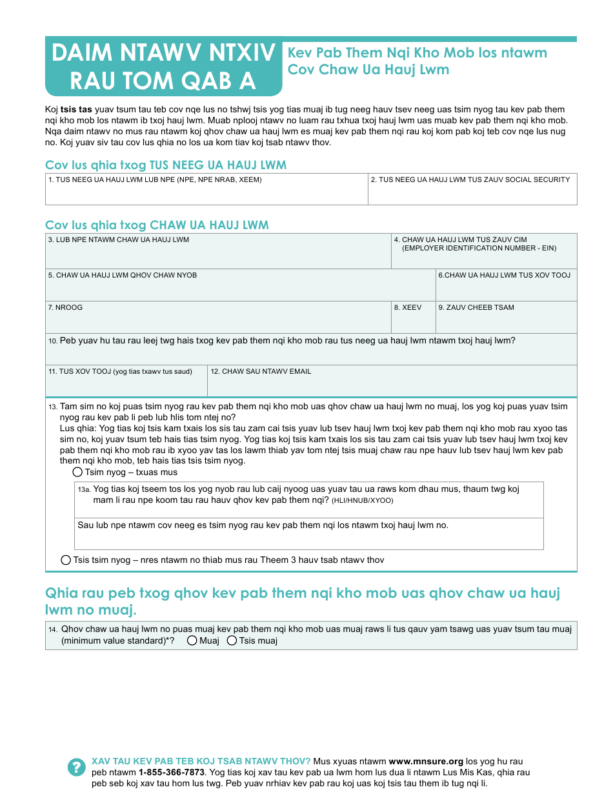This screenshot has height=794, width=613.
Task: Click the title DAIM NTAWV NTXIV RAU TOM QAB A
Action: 163,66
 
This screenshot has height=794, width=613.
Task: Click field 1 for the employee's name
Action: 206,193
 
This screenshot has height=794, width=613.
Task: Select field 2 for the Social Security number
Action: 472,193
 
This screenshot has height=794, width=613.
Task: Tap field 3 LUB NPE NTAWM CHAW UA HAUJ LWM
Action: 218,256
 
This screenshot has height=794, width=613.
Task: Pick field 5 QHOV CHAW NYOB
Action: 240,290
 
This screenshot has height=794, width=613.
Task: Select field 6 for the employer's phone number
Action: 507,290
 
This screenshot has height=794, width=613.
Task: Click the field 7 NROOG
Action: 218,321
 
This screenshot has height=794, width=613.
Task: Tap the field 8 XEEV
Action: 413,321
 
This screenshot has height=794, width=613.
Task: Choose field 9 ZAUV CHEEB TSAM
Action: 507,321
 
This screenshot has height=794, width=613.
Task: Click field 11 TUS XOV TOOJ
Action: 126,385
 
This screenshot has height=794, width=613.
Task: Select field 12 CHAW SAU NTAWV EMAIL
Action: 392,385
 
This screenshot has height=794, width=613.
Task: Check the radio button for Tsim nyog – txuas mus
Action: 78,473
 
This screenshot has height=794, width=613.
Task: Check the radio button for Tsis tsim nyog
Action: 66,560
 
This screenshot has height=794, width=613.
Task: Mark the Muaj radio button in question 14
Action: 192,641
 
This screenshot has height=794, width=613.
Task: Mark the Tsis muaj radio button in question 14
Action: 232,641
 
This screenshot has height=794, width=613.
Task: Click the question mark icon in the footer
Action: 76,767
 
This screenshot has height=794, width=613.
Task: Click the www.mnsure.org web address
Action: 426,762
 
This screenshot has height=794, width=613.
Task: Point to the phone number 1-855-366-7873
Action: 172,772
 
